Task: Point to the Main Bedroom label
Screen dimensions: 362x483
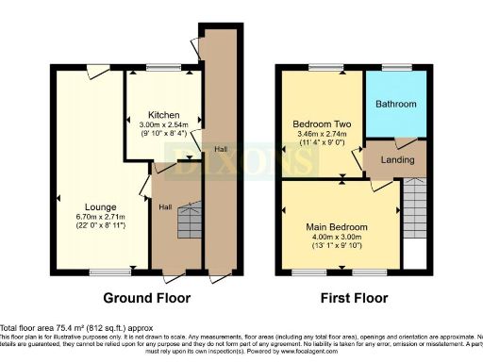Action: (x=341, y=227)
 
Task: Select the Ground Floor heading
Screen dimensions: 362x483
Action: (x=145, y=298)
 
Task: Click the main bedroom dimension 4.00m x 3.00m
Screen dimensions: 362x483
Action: (x=341, y=239)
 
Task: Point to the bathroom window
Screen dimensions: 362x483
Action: (x=393, y=67)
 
